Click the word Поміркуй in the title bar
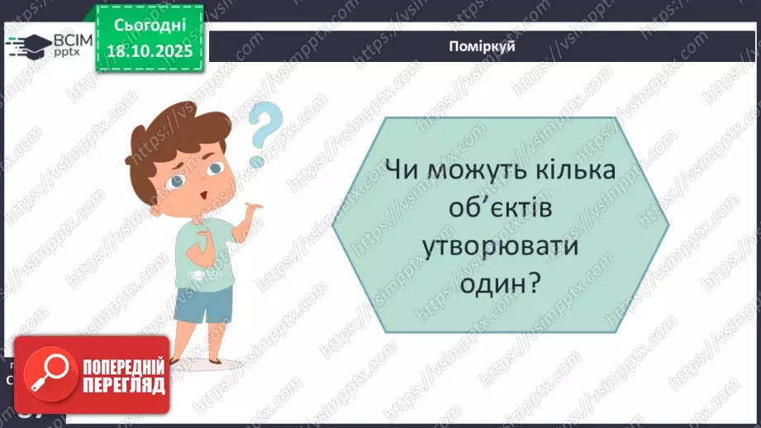[x=484, y=46]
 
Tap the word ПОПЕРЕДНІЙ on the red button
[x=121, y=364]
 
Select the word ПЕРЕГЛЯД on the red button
[x=121, y=384]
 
